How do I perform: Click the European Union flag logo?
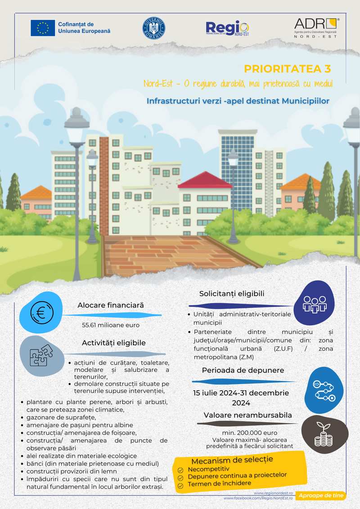[43, 28]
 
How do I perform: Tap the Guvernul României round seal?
[154, 28]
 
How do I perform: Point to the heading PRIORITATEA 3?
[288, 69]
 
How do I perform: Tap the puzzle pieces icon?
[41, 355]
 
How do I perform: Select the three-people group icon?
[314, 304]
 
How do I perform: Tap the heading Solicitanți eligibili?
[232, 294]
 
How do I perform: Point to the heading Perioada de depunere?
[243, 370]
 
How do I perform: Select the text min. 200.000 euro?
[243, 432]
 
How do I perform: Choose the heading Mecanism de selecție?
[232, 460]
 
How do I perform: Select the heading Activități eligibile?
[114, 343]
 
